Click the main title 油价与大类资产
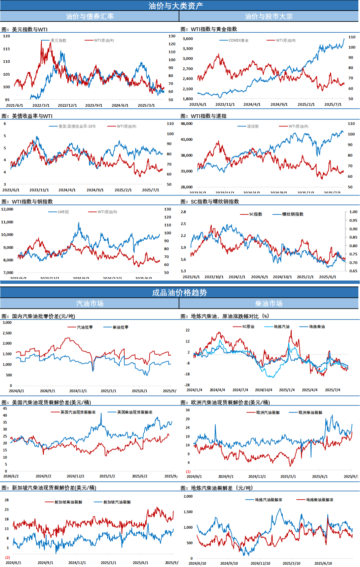click(176, 6)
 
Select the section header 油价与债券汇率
click(90, 16)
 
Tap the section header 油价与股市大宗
click(269, 16)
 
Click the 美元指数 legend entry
click(58, 40)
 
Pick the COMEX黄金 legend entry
click(238, 40)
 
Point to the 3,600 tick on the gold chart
click(188, 39)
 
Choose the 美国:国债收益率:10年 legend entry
click(77, 126)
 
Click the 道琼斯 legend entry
click(253, 126)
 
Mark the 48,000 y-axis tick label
click(187, 124)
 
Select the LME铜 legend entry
click(63, 212)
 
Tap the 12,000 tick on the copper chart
click(7, 209)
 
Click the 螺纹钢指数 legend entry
click(293, 214)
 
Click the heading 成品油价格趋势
click(179, 293)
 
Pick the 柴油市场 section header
click(269, 304)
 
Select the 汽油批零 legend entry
click(85, 327)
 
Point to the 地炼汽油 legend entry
click(282, 327)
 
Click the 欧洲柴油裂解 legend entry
click(310, 413)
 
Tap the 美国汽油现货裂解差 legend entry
click(78, 412)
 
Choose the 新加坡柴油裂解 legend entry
click(68, 502)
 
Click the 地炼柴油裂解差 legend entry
click(320, 500)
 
